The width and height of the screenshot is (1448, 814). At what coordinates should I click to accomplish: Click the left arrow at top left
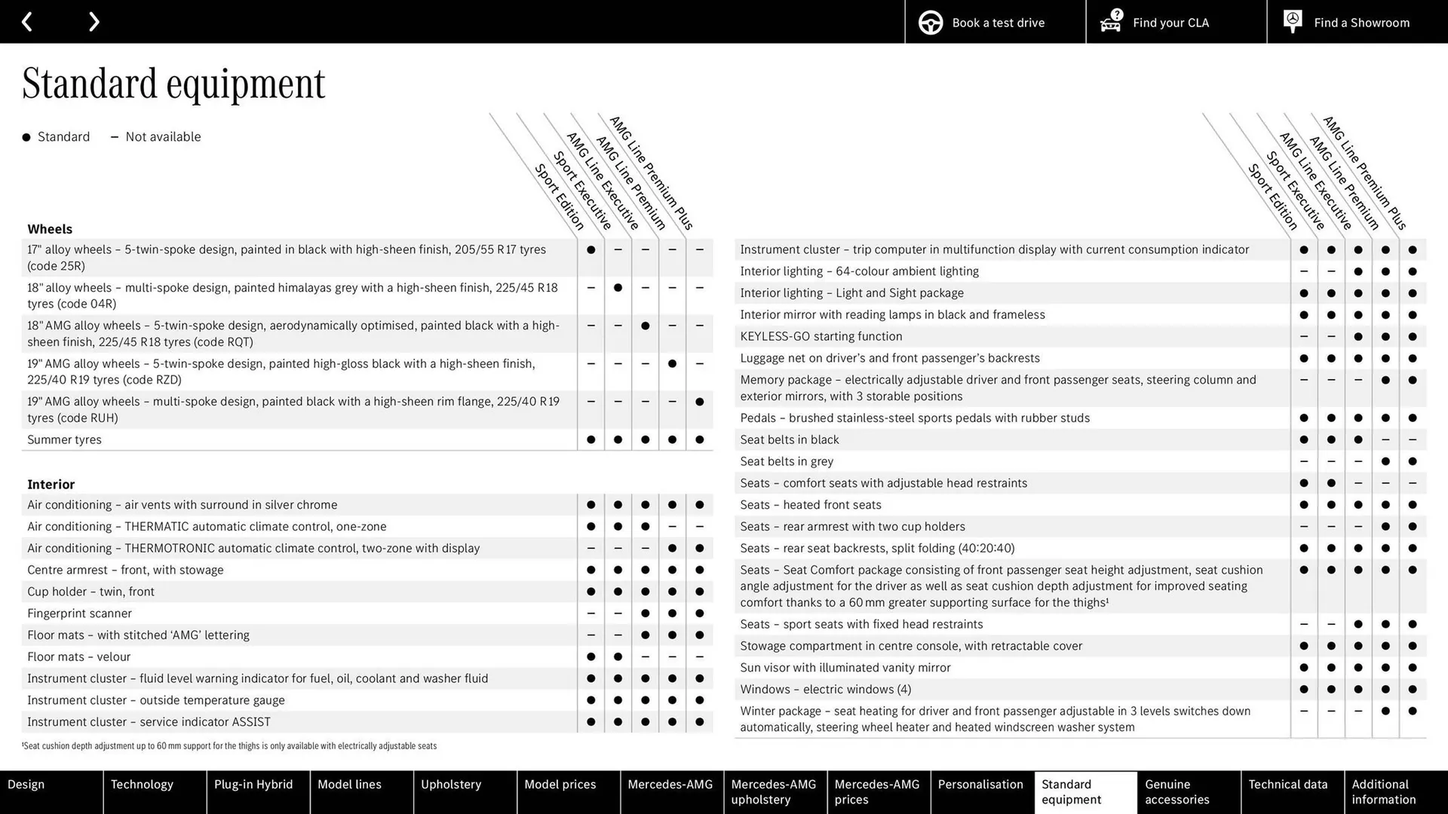click(27, 22)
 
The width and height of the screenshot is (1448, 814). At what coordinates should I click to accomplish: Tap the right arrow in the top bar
click(94, 22)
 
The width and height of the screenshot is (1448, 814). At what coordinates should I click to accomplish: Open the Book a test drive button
click(995, 23)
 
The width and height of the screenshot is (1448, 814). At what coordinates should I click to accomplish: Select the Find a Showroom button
click(1357, 23)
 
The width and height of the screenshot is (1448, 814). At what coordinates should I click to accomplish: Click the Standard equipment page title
click(173, 84)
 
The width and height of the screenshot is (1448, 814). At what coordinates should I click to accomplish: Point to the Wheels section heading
click(50, 229)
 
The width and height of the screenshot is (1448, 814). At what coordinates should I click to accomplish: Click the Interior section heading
click(51, 485)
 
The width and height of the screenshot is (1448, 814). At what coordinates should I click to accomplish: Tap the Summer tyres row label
click(64, 439)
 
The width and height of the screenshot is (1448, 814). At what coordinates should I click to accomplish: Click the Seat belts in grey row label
click(787, 461)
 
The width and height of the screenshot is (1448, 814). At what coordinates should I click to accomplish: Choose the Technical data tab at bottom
click(1287, 785)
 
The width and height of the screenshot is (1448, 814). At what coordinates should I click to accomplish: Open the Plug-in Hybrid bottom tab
click(253, 785)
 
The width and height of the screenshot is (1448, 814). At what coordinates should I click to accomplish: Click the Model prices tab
click(560, 785)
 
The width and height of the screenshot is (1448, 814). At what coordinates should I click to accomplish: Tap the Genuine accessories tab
click(1177, 792)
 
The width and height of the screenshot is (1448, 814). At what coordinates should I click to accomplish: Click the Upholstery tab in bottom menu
click(450, 785)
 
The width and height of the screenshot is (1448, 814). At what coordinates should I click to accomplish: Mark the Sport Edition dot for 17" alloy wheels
click(591, 249)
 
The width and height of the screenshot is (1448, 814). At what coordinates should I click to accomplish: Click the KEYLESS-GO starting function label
click(821, 336)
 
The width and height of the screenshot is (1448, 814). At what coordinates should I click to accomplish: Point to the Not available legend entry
click(156, 137)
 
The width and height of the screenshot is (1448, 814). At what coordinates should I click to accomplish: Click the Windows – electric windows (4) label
click(825, 690)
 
